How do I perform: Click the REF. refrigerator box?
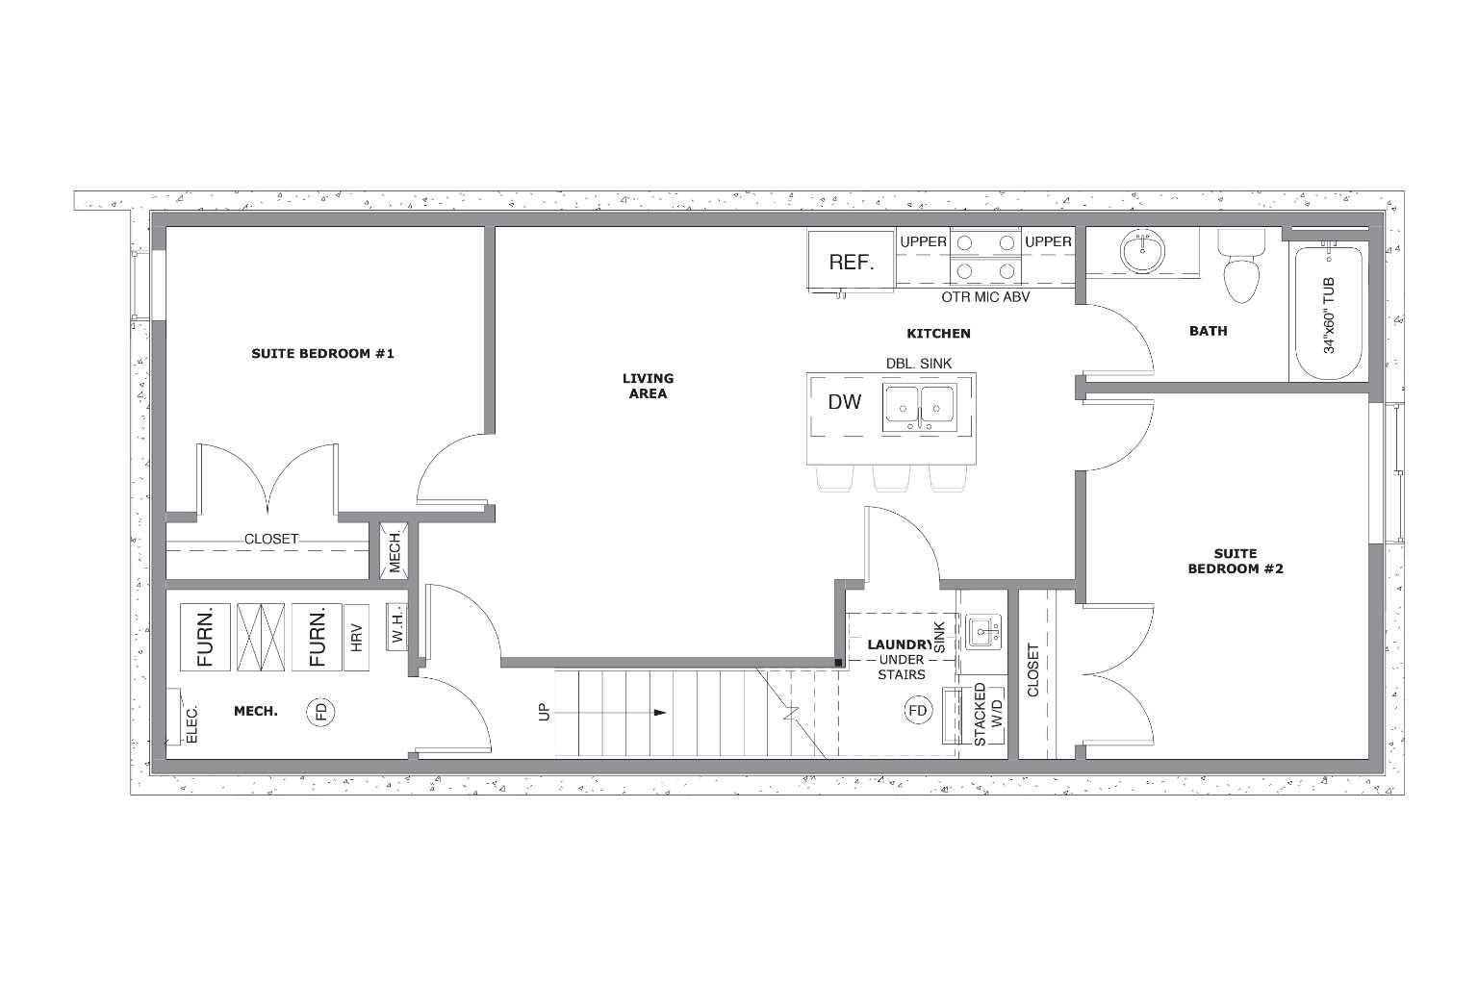[x=851, y=262]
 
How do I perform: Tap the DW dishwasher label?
[x=844, y=402]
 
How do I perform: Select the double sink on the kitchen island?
[x=919, y=406]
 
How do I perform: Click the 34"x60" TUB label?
[x=1329, y=315]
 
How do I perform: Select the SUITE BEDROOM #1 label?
[x=322, y=353]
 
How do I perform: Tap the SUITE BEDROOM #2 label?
[x=1235, y=561]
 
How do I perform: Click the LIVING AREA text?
[x=648, y=386]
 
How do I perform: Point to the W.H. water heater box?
[x=396, y=626]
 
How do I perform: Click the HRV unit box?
[x=356, y=637]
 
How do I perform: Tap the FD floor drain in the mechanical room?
[x=320, y=712]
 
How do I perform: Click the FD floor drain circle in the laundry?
[x=918, y=711]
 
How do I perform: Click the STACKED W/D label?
[x=988, y=715]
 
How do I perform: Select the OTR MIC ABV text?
[x=985, y=297]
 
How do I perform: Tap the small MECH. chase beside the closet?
[x=395, y=550]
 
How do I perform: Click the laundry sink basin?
[x=982, y=633]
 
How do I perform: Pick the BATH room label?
[x=1208, y=331]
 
